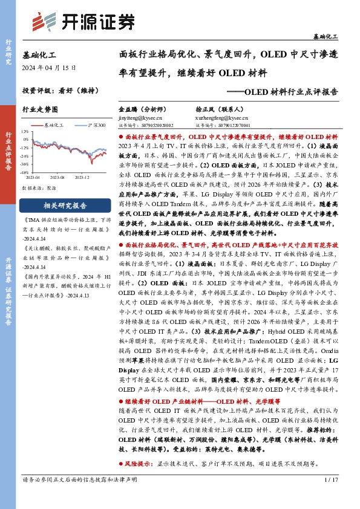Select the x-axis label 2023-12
(x=83, y=178)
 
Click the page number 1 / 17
(x=330, y=496)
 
